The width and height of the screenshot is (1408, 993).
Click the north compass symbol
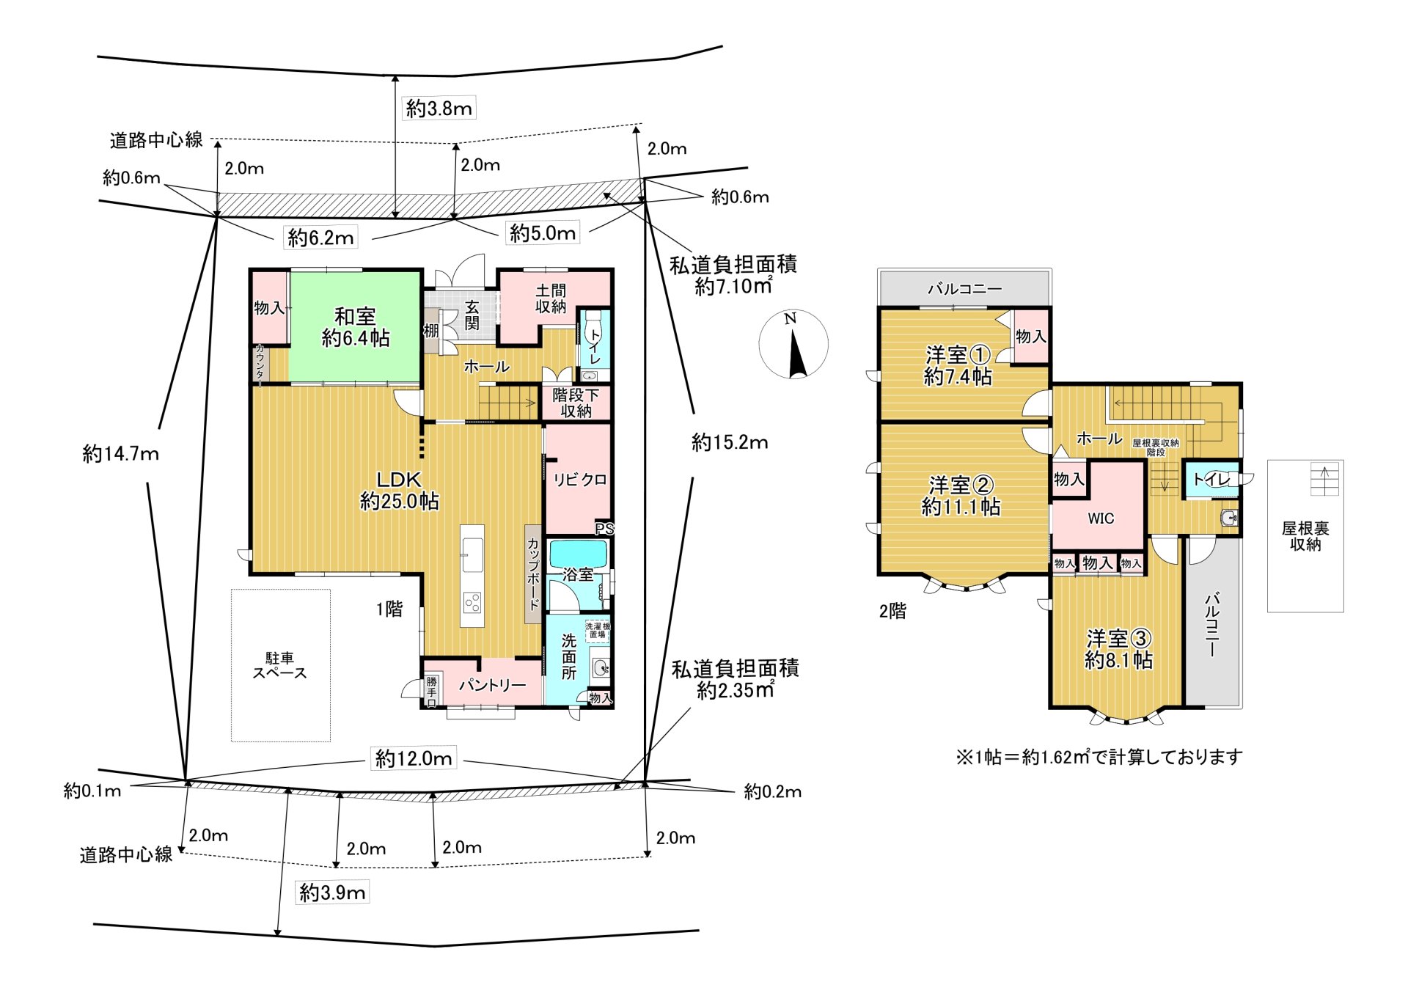pos(793,345)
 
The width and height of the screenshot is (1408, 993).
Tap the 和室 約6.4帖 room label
pos(356,327)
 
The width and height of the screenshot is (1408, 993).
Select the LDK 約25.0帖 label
pos(399,490)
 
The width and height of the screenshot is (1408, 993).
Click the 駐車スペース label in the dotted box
pos(279,665)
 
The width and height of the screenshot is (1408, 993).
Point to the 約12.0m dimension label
pos(414,758)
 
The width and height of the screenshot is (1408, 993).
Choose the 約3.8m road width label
pos(439,109)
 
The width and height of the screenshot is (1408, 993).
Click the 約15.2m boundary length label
pos(730,442)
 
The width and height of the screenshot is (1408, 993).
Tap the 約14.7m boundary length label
pos(120,453)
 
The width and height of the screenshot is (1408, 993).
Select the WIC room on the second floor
pos(1100,518)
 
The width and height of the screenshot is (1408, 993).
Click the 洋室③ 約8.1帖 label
pos(1118,649)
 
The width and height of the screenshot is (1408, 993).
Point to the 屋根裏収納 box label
pos(1305,536)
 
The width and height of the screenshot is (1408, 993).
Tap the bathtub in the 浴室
pos(578,554)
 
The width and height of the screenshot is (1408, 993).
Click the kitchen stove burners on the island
pos(472,603)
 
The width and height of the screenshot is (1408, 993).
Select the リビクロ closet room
pos(579,480)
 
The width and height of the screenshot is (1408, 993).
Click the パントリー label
pos(492,685)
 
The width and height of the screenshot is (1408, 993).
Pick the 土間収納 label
pos(551,298)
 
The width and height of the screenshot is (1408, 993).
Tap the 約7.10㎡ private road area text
pos(733,287)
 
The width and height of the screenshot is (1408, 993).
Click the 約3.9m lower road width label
pos(332,893)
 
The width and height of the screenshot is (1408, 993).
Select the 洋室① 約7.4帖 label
pos(958,365)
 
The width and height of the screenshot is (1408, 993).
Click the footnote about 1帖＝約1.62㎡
pos(1099,757)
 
